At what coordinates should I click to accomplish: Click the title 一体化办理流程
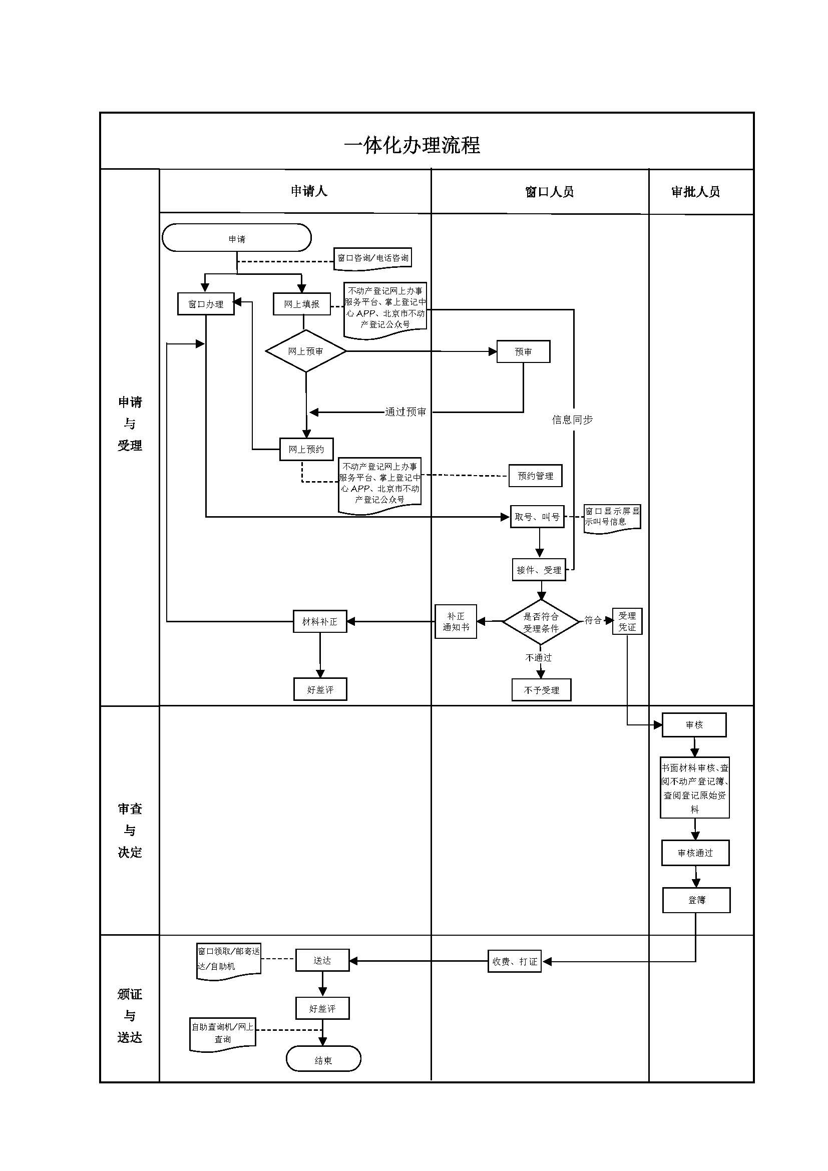click(412, 145)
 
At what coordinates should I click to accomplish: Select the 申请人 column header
click(308, 191)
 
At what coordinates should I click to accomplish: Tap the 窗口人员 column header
click(549, 192)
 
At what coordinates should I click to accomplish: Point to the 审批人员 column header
click(695, 192)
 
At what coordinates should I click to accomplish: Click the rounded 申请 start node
click(237, 238)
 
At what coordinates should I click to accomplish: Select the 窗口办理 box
click(205, 304)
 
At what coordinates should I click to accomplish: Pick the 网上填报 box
click(301, 304)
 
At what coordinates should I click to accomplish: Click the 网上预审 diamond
click(305, 351)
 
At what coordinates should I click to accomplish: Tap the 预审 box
click(523, 351)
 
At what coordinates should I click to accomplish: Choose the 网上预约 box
click(306, 449)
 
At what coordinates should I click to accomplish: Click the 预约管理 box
click(535, 476)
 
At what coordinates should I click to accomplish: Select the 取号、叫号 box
click(537, 517)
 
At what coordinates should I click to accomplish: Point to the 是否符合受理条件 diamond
click(541, 622)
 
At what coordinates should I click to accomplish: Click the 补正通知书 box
click(456, 621)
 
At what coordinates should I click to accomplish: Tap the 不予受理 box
click(542, 690)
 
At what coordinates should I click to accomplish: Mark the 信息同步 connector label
click(572, 420)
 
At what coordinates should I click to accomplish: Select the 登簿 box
click(696, 900)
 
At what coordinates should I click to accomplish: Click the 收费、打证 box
click(515, 961)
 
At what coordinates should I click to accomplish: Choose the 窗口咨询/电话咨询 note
click(373, 258)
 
